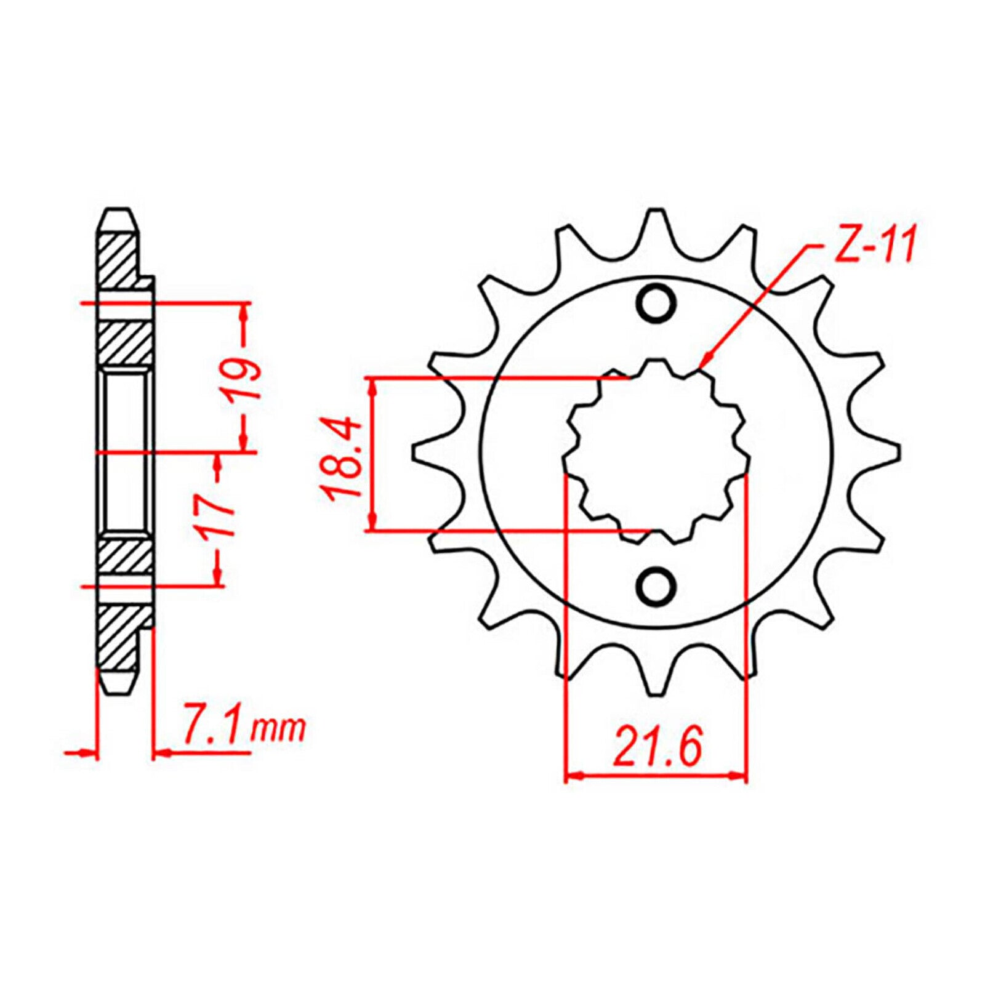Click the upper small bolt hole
[x=656, y=303]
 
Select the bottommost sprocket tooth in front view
[x=656, y=683]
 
